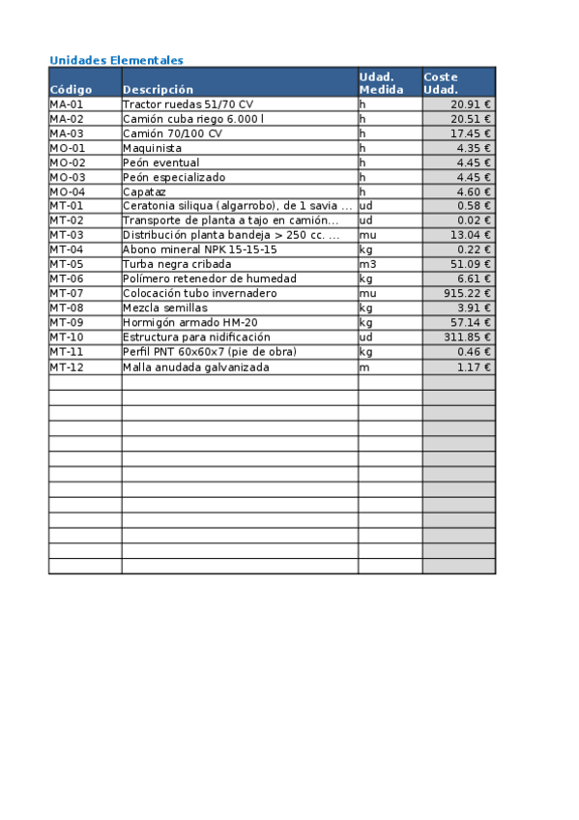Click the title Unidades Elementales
coord(116,60)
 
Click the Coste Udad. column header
coord(441,82)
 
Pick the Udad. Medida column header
coord(381,82)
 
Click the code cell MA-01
coord(67,104)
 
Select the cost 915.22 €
coord(468,293)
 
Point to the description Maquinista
coord(152,148)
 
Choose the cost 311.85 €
coord(468,337)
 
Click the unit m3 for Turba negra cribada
coord(367,264)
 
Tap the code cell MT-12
coord(67,367)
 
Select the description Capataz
coord(145,191)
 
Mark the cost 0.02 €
coord(474,220)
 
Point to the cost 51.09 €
coord(471,264)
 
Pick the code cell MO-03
coord(68,177)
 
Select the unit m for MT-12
coord(363,367)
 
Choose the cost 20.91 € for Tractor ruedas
coord(471,104)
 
